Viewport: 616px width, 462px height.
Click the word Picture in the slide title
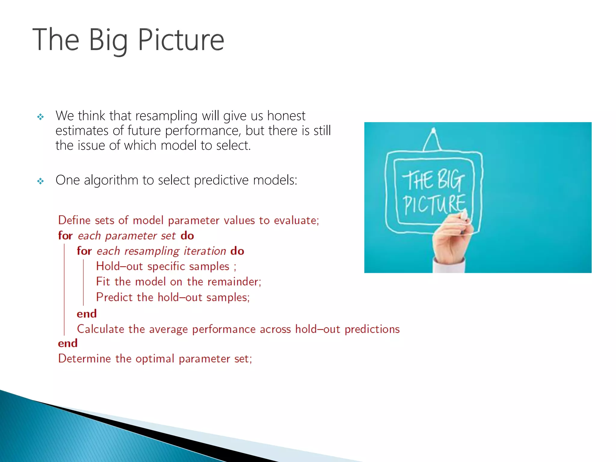[181, 40]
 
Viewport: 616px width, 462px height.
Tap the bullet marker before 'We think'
[40, 117]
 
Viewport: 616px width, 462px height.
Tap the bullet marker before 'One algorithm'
[40, 181]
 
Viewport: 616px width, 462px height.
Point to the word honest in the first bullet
[286, 116]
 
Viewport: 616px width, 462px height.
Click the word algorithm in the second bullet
[111, 180]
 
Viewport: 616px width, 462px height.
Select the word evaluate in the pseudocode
[296, 220]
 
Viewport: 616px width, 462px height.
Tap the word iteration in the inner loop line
[205, 251]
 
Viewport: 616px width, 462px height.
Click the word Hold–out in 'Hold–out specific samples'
[119, 266]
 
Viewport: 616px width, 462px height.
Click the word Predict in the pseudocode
[114, 297]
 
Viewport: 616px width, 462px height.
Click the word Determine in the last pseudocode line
[84, 359]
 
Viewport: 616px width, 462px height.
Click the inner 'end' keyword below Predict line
[87, 314]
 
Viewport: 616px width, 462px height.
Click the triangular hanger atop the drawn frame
[433, 140]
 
